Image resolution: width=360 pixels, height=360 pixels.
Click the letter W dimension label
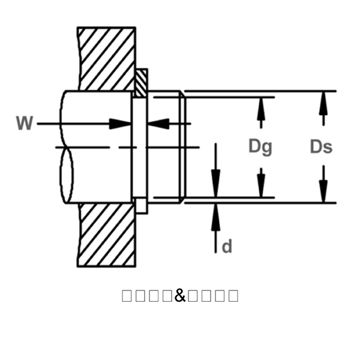25,124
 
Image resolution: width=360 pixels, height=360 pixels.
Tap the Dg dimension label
260,146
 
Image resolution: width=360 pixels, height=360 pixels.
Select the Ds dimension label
321,146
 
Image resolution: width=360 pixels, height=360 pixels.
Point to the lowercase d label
227,246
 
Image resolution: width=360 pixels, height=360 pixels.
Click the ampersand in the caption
180,295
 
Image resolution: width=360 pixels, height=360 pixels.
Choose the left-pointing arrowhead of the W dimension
158,124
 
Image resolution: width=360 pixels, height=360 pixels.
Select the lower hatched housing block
107,234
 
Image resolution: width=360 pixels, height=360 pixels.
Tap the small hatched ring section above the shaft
141,83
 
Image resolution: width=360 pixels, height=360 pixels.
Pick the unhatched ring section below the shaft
141,205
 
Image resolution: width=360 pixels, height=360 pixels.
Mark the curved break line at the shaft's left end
67,147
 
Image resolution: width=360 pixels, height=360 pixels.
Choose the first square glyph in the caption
127,295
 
